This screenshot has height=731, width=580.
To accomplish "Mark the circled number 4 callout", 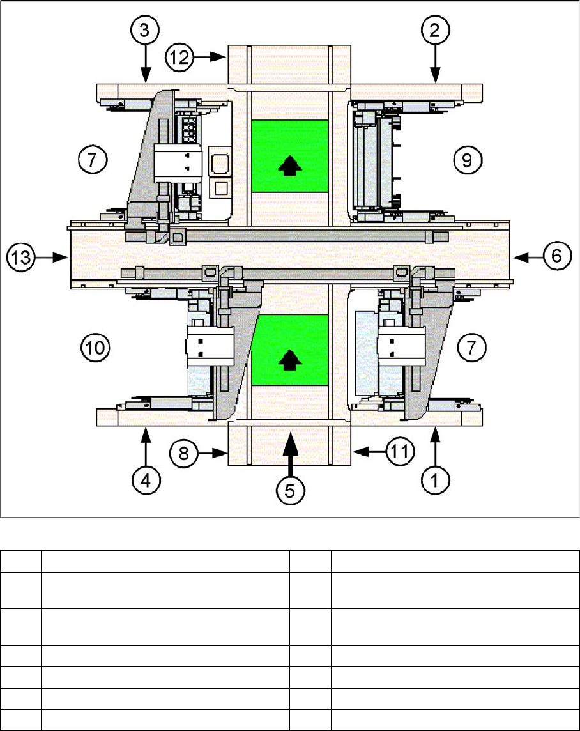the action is (x=146, y=479).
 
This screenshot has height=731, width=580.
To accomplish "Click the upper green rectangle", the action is (x=290, y=156).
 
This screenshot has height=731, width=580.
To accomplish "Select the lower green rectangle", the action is (x=290, y=350).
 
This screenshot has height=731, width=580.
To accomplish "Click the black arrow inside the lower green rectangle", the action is (x=290, y=361).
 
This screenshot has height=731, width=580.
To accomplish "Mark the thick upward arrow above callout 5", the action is (x=290, y=450).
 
